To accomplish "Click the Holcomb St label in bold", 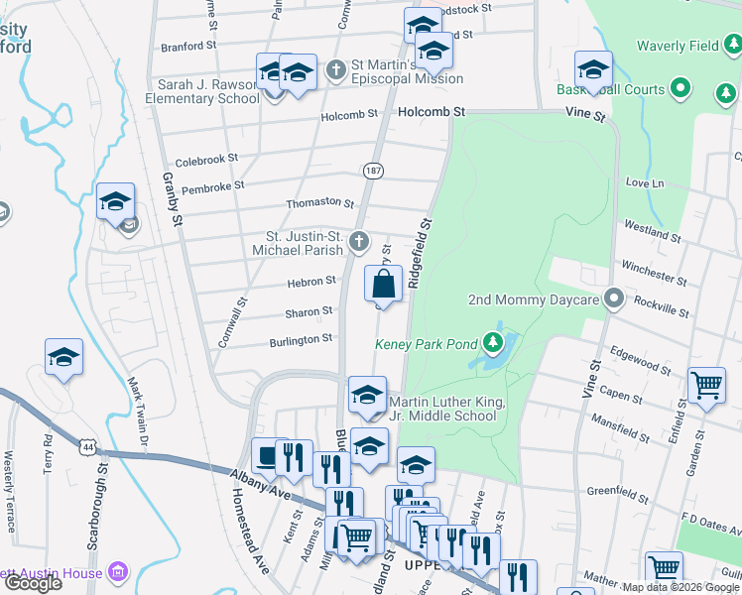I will (x=432, y=113).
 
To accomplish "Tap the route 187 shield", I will (x=373, y=171).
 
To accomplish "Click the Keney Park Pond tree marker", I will (x=493, y=345).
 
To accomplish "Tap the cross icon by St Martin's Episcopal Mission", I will (x=337, y=70).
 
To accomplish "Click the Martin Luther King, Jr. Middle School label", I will (x=447, y=409).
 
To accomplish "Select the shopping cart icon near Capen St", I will (x=706, y=384).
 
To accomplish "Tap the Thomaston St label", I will (x=319, y=203).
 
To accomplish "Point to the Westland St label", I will (x=650, y=230).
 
